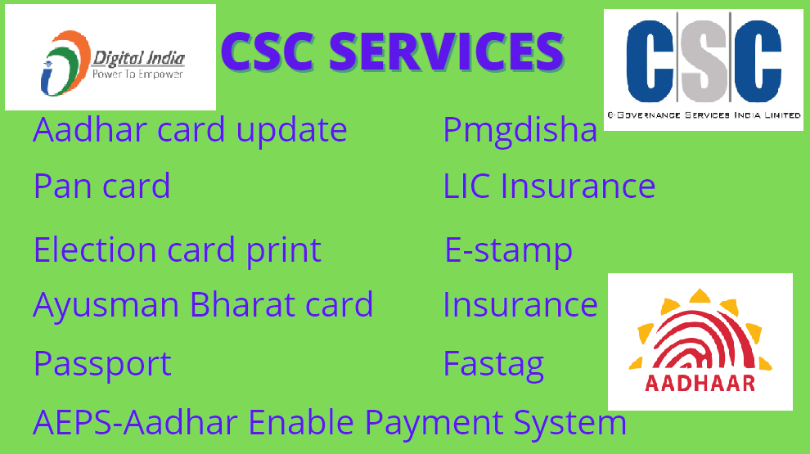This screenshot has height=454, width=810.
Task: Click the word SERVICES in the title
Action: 446,52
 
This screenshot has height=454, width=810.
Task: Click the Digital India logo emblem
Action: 65,63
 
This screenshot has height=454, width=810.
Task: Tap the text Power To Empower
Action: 137,74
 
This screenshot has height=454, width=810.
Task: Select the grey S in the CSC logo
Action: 704,61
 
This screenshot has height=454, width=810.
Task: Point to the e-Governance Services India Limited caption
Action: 704,115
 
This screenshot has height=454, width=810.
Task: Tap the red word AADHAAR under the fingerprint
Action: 700,383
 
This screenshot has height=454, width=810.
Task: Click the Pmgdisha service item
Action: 520,130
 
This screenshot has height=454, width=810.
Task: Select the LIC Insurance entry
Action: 549,186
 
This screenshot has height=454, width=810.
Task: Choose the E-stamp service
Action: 509,250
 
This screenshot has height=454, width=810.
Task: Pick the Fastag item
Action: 493,365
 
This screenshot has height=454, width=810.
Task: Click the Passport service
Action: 102,365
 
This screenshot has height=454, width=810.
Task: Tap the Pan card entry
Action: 101,186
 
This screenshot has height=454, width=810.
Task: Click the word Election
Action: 95,250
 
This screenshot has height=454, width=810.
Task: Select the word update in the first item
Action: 292,130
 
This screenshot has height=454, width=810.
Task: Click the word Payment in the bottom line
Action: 434,424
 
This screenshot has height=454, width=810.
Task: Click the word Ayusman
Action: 106,306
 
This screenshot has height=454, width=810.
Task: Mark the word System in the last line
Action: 569,424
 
